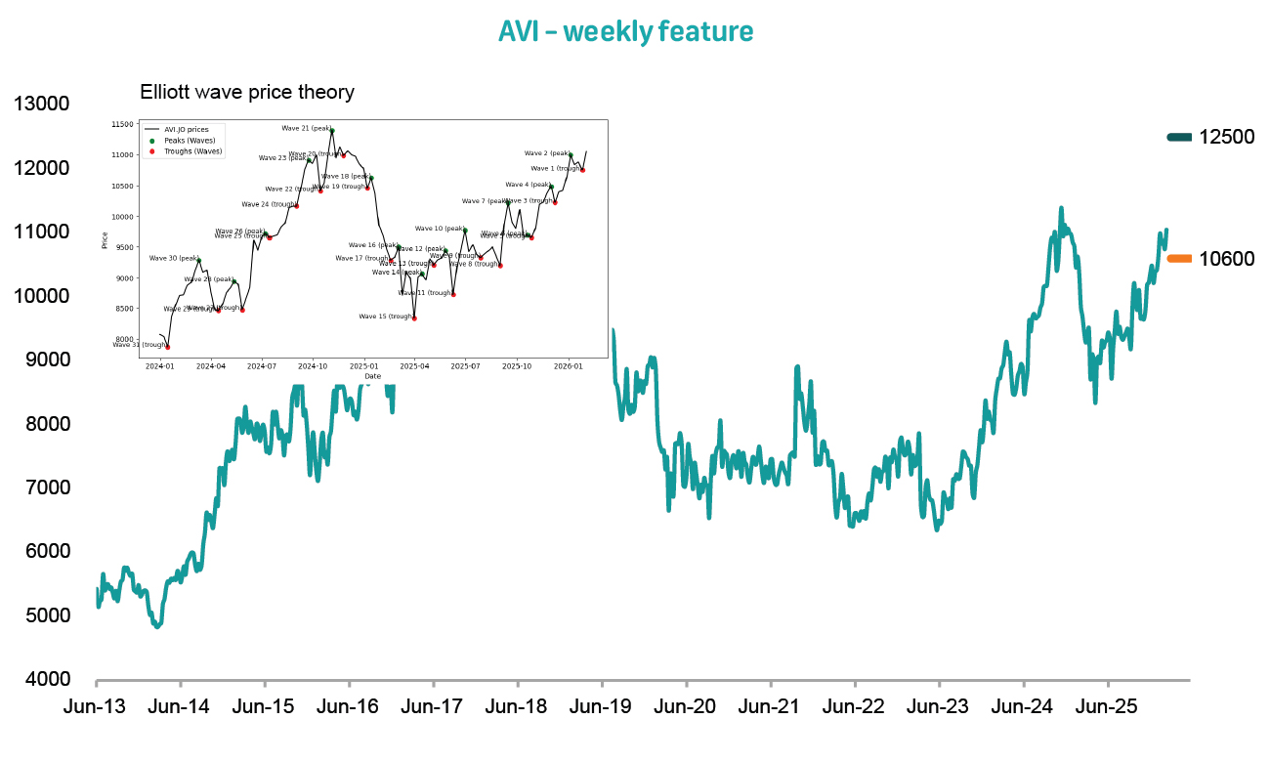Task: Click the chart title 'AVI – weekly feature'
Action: [625, 31]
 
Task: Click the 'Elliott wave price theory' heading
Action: [247, 93]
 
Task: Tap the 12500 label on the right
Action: [1226, 137]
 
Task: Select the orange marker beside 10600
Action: [1179, 258]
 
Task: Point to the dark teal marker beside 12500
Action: [1179, 137]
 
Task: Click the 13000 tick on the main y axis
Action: [40, 104]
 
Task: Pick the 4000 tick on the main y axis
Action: [40, 679]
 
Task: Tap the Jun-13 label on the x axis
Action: [95, 706]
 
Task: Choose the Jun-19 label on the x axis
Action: [601, 706]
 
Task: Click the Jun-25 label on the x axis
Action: [1107, 706]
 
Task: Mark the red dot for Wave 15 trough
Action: [414, 317]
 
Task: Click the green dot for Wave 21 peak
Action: [332, 130]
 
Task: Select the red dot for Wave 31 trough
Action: [168, 347]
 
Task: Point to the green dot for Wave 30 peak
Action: [199, 260]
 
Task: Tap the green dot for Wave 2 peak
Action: [571, 154]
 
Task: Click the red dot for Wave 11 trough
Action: [453, 294]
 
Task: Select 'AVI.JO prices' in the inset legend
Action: [186, 129]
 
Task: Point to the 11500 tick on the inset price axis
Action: [123, 124]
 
